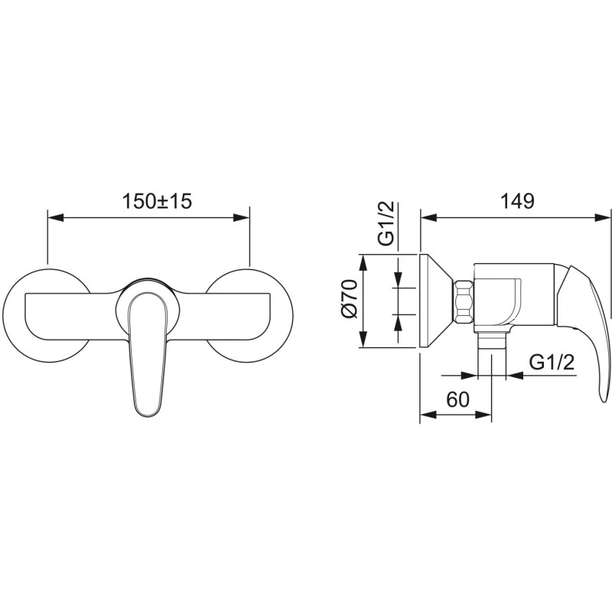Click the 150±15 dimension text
point(158,201)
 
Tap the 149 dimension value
point(517,201)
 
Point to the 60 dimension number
point(457,399)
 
